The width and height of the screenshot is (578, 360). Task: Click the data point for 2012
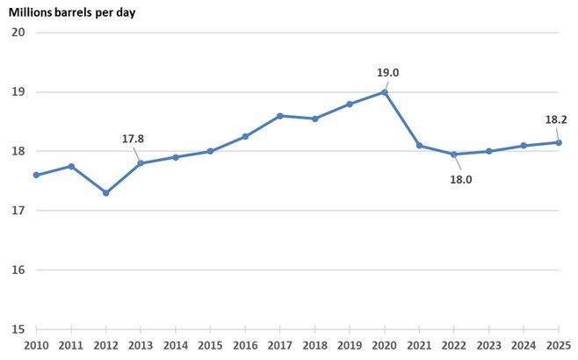tap(105, 192)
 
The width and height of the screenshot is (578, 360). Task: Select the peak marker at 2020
tap(385, 92)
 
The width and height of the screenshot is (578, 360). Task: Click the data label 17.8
tap(134, 139)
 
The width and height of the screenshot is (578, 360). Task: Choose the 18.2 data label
tap(557, 120)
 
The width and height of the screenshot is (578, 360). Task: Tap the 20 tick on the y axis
tap(18, 32)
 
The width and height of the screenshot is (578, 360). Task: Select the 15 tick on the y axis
tap(18, 329)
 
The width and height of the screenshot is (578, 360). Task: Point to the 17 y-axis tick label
tap(18, 211)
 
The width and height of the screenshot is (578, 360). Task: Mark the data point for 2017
tap(279, 116)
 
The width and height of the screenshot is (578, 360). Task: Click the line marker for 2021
tap(419, 146)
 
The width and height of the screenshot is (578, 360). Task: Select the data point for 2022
tap(454, 155)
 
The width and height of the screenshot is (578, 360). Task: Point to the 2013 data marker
tap(141, 163)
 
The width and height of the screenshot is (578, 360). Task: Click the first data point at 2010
tap(36, 175)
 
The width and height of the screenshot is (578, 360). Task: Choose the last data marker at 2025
tap(559, 142)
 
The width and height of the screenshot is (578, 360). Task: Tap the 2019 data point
tap(350, 104)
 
